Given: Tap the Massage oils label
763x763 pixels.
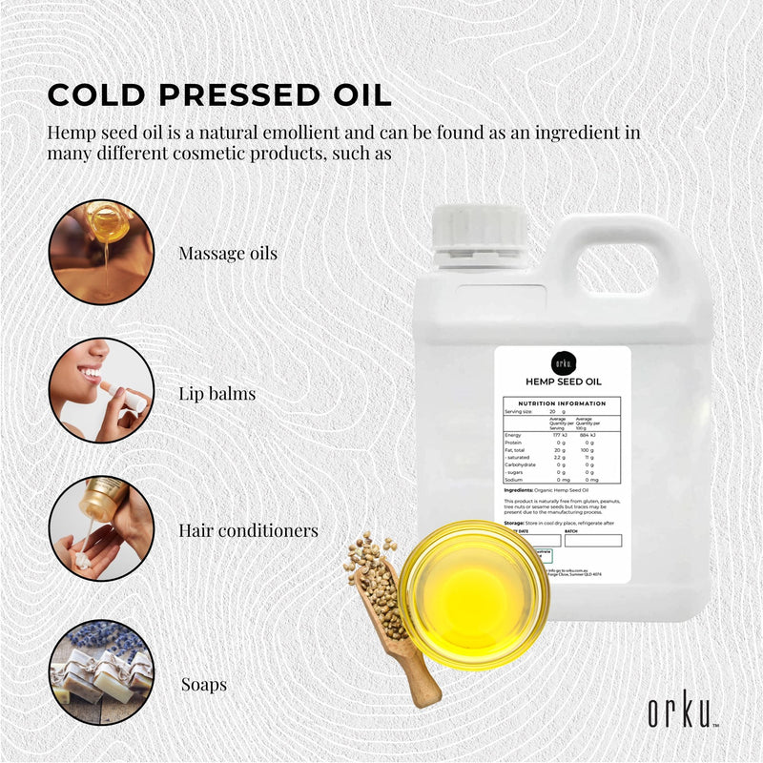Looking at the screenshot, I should [x=228, y=254].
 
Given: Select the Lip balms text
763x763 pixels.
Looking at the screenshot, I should [x=217, y=392].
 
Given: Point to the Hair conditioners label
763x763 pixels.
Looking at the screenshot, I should [x=248, y=530].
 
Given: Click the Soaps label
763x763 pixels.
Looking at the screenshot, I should [x=203, y=684].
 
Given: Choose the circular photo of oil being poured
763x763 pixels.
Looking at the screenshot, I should [x=100, y=252].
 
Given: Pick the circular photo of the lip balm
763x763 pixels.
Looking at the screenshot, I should [x=100, y=390].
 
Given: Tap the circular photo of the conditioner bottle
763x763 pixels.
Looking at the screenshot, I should [x=100, y=529].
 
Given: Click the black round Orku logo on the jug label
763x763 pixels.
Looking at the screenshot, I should [x=564, y=364].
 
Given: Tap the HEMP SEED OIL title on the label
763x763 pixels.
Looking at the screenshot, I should [x=564, y=381].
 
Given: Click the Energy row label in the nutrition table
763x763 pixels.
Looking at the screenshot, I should [x=512, y=435].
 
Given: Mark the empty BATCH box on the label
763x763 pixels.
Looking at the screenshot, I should [x=592, y=540].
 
